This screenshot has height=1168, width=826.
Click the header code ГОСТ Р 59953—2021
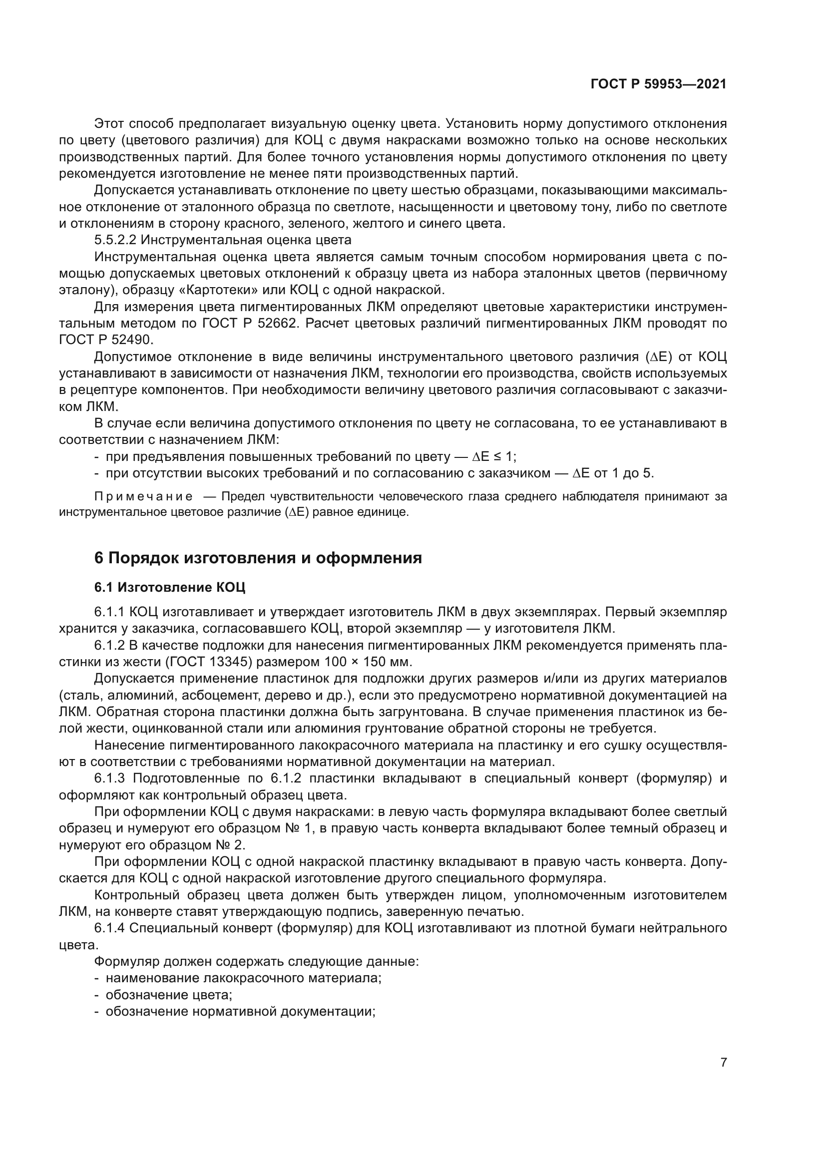click(658, 84)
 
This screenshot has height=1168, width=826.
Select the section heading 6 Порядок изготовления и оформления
click(258, 558)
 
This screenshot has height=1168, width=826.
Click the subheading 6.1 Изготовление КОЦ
click(169, 587)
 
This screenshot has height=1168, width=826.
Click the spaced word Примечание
click(143, 496)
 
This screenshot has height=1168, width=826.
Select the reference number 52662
click(277, 324)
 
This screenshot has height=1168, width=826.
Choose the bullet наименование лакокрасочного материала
click(243, 978)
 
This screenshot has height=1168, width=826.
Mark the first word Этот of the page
click(108, 124)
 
